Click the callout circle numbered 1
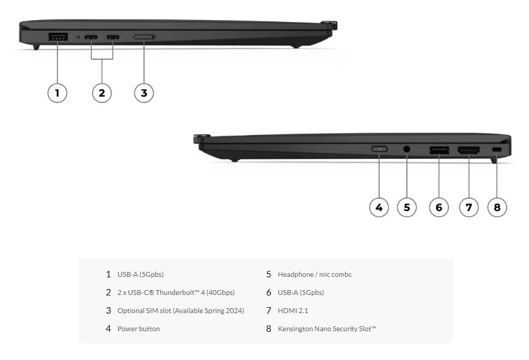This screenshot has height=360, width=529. [x=58, y=93]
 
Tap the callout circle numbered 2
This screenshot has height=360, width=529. [x=102, y=93]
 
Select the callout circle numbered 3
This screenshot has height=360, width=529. [x=144, y=93]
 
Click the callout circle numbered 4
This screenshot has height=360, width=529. [x=379, y=207]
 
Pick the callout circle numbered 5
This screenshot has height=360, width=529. [x=407, y=207]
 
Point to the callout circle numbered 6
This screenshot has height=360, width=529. [x=439, y=207]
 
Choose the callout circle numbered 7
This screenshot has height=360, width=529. [x=469, y=207]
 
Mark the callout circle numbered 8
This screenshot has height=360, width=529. [x=497, y=207]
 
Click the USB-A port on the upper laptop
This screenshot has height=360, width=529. [x=58, y=37]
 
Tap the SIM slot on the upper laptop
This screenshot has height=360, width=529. [x=144, y=37]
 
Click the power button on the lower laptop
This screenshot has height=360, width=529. [x=379, y=149]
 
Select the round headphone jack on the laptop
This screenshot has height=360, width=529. [x=407, y=149]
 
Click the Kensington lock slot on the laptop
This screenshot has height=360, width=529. [x=497, y=149]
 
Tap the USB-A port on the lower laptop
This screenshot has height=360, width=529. [x=439, y=150]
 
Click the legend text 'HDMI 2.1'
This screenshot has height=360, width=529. [x=293, y=310]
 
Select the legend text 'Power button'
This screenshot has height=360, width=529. [x=139, y=329]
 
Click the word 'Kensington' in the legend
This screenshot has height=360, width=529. [x=295, y=329]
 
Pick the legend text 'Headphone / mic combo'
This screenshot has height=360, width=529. [x=315, y=274]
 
